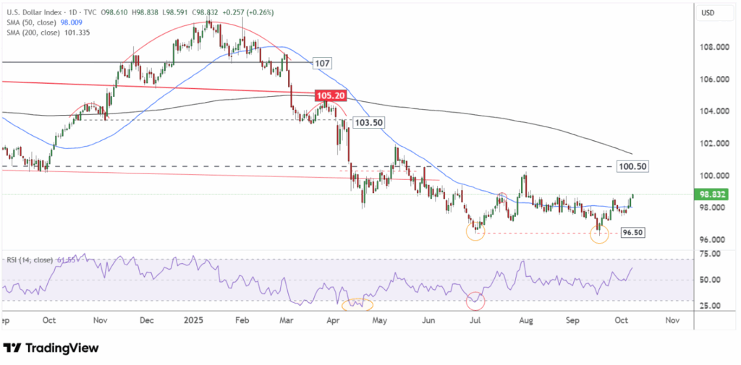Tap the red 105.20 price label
pos(329,95)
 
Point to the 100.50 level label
pos(631,166)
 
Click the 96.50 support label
pos(632,233)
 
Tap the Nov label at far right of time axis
pos(671,319)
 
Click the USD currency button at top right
pos(710,12)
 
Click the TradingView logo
pos(51,348)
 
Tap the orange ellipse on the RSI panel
pos(357,304)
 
